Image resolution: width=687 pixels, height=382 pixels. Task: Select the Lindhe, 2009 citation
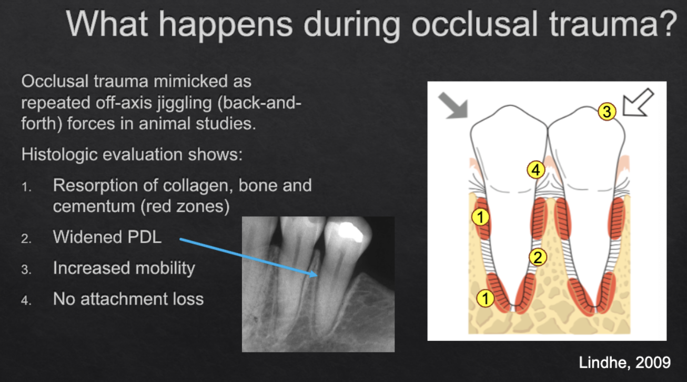624,363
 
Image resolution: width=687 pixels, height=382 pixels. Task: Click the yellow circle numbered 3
607,112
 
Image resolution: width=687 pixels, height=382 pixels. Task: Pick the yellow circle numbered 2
538,257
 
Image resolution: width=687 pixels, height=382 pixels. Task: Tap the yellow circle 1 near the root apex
485,298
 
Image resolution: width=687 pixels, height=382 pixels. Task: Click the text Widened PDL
107,237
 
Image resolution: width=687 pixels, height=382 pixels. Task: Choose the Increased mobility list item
124,268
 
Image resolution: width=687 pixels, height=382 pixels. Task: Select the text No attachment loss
128,299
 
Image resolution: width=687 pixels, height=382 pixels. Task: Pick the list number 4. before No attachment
26,300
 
